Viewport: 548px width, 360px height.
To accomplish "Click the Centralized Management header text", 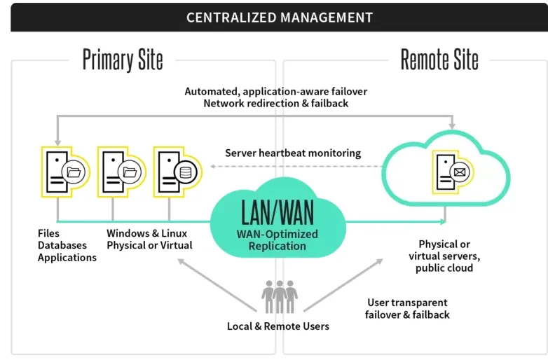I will (279, 18).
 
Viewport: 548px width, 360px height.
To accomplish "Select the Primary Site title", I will (123, 60).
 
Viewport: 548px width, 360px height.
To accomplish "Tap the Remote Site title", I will (439, 60).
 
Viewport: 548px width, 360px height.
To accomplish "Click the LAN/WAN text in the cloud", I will (278, 211).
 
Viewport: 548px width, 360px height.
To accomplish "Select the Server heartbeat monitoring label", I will (292, 153).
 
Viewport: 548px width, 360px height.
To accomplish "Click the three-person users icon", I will (279, 297).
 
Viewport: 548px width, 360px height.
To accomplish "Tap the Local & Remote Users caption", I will (278, 326).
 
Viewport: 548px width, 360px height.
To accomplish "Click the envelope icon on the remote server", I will (459, 171).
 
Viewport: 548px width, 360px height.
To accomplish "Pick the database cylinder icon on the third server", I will (187, 171).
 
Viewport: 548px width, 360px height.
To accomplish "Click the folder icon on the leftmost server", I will (74, 171).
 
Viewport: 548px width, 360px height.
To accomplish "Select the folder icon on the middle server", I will (130, 171).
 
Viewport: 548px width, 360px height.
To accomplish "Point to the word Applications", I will (67, 257).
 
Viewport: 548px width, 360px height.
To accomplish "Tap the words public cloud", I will (444, 268).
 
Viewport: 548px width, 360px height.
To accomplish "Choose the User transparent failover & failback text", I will (407, 309).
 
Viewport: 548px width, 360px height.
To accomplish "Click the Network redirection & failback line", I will (275, 103).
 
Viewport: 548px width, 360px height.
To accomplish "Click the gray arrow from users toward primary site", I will (214, 283).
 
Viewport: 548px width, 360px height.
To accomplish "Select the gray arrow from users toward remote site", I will (343, 284).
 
